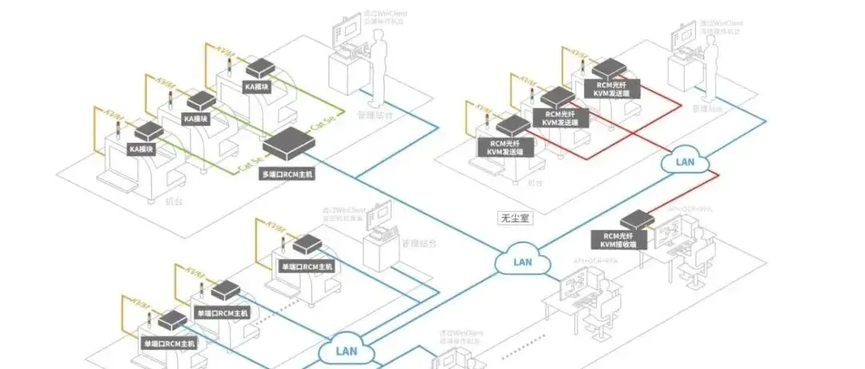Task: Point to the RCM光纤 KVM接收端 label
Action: pos(618,240)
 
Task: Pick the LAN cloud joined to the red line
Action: pos(686,162)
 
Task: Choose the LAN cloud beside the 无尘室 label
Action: pos(522,262)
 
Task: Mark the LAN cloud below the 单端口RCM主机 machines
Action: pos(346,351)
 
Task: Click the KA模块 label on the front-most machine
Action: pos(140,148)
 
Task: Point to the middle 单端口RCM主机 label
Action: pos(222,312)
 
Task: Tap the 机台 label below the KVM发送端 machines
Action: pos(535,184)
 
